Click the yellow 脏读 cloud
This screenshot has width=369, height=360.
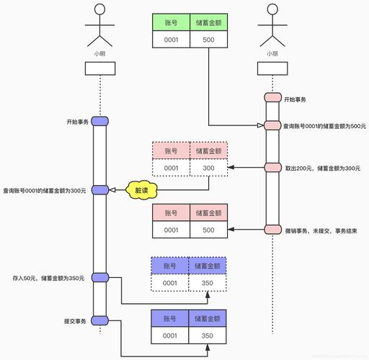pos(143,190)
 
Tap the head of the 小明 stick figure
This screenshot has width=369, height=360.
pos(99,11)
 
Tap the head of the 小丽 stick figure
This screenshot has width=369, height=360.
pos(272,11)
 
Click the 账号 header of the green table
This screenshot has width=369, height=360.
pos(171,23)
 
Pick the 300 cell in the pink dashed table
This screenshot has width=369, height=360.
pos(209,168)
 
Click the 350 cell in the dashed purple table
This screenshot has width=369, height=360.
pos(208,283)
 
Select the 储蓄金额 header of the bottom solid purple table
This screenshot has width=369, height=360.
pos(208,318)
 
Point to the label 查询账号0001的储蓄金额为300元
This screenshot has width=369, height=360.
pos(45,191)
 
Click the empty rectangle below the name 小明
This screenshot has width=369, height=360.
pos(99,69)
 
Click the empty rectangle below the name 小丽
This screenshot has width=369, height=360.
pos(272,69)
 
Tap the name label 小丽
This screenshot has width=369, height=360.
pos(272,53)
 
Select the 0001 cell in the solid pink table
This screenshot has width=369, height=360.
pos(171,230)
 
